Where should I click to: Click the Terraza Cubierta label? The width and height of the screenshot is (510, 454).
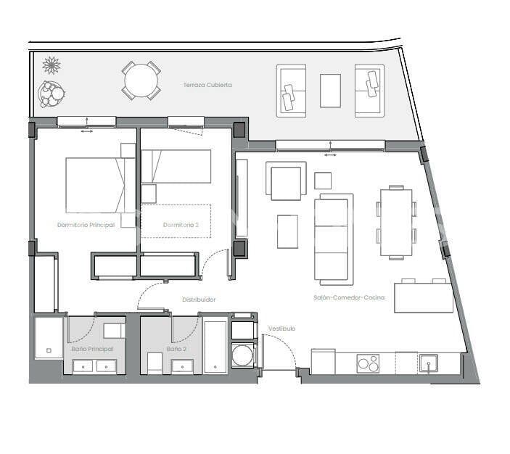(207, 85)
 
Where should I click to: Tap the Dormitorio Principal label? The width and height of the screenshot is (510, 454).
(86, 225)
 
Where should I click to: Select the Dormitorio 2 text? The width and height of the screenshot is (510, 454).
(176, 225)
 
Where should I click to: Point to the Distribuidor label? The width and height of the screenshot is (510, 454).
(199, 299)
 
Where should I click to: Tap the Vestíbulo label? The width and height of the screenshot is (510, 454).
(282, 329)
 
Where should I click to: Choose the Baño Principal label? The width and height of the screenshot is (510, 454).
(92, 349)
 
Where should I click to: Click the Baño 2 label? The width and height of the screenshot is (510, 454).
(176, 349)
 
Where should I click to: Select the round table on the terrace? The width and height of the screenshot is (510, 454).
(141, 81)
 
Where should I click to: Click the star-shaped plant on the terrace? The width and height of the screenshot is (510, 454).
(51, 65)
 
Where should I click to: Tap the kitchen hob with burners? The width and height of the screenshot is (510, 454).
(368, 362)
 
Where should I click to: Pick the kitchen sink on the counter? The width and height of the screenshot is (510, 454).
(429, 362)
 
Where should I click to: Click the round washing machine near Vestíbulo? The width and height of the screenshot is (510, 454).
(243, 356)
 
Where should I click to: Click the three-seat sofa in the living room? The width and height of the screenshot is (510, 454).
(333, 239)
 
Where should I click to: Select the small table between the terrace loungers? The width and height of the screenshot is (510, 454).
(330, 91)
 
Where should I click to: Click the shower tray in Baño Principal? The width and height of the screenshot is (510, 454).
(49, 338)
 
